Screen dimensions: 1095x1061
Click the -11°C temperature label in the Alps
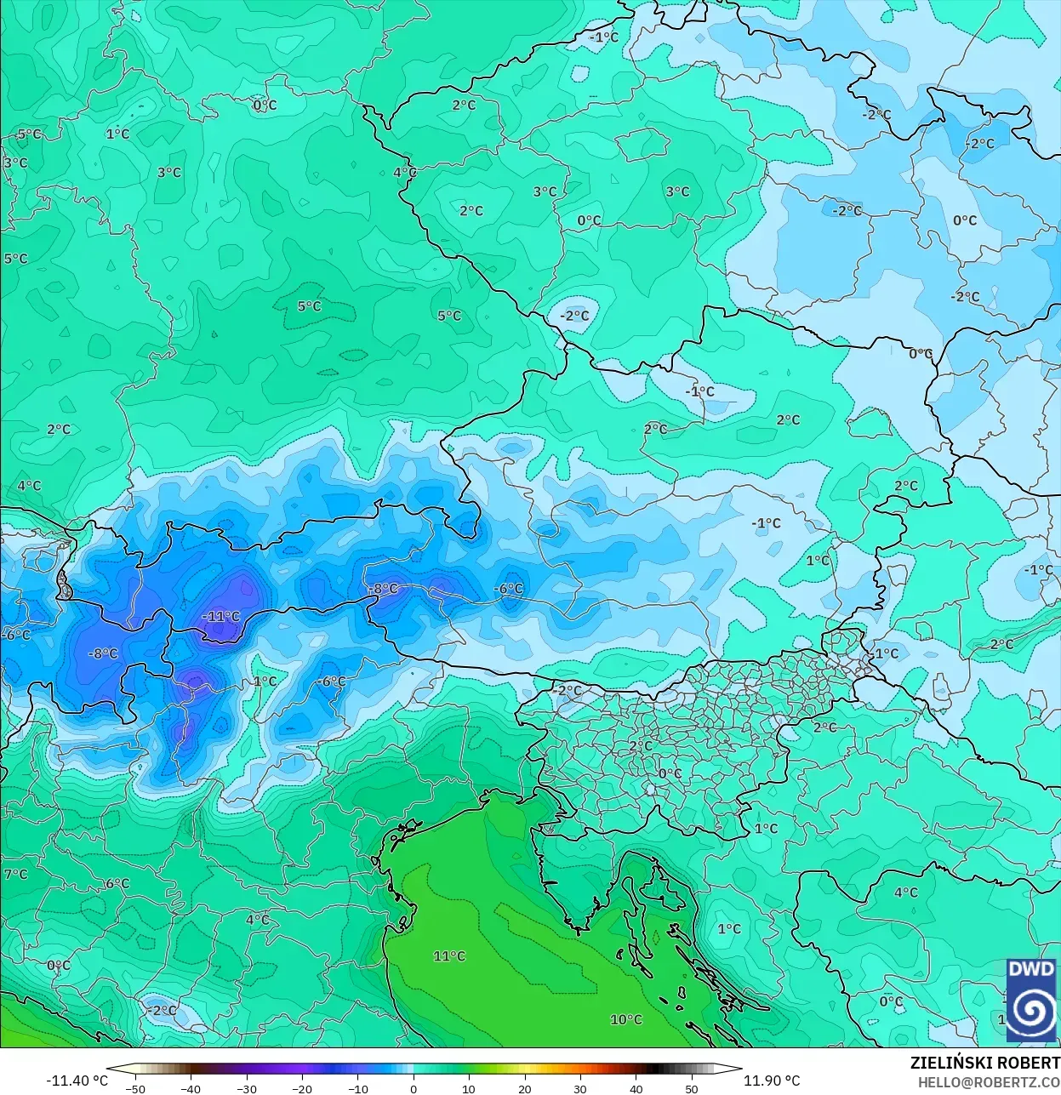coord(221,616)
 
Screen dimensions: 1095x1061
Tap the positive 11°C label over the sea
coord(449,955)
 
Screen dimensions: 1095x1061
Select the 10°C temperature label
coord(626,1019)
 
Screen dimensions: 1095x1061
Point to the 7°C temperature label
coord(15,874)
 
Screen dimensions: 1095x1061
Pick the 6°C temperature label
coord(117,883)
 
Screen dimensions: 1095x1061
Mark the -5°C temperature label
coord(27,134)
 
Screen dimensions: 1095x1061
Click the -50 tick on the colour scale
coord(135,1088)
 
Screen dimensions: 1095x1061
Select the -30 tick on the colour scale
coord(247,1088)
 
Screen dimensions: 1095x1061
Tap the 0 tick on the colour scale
coord(414,1088)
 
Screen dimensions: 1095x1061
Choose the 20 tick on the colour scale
coord(525,1088)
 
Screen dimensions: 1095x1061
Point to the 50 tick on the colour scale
coord(692,1088)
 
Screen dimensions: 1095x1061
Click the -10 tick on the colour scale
coord(358,1088)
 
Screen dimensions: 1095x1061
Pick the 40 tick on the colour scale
coord(636,1088)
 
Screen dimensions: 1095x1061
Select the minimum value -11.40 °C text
coord(77,1081)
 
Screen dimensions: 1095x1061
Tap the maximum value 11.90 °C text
coord(772,1081)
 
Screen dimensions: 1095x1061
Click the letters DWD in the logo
coord(1031,969)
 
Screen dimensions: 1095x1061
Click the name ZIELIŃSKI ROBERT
coord(984,1063)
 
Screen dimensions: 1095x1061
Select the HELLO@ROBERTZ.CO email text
coord(989,1082)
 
